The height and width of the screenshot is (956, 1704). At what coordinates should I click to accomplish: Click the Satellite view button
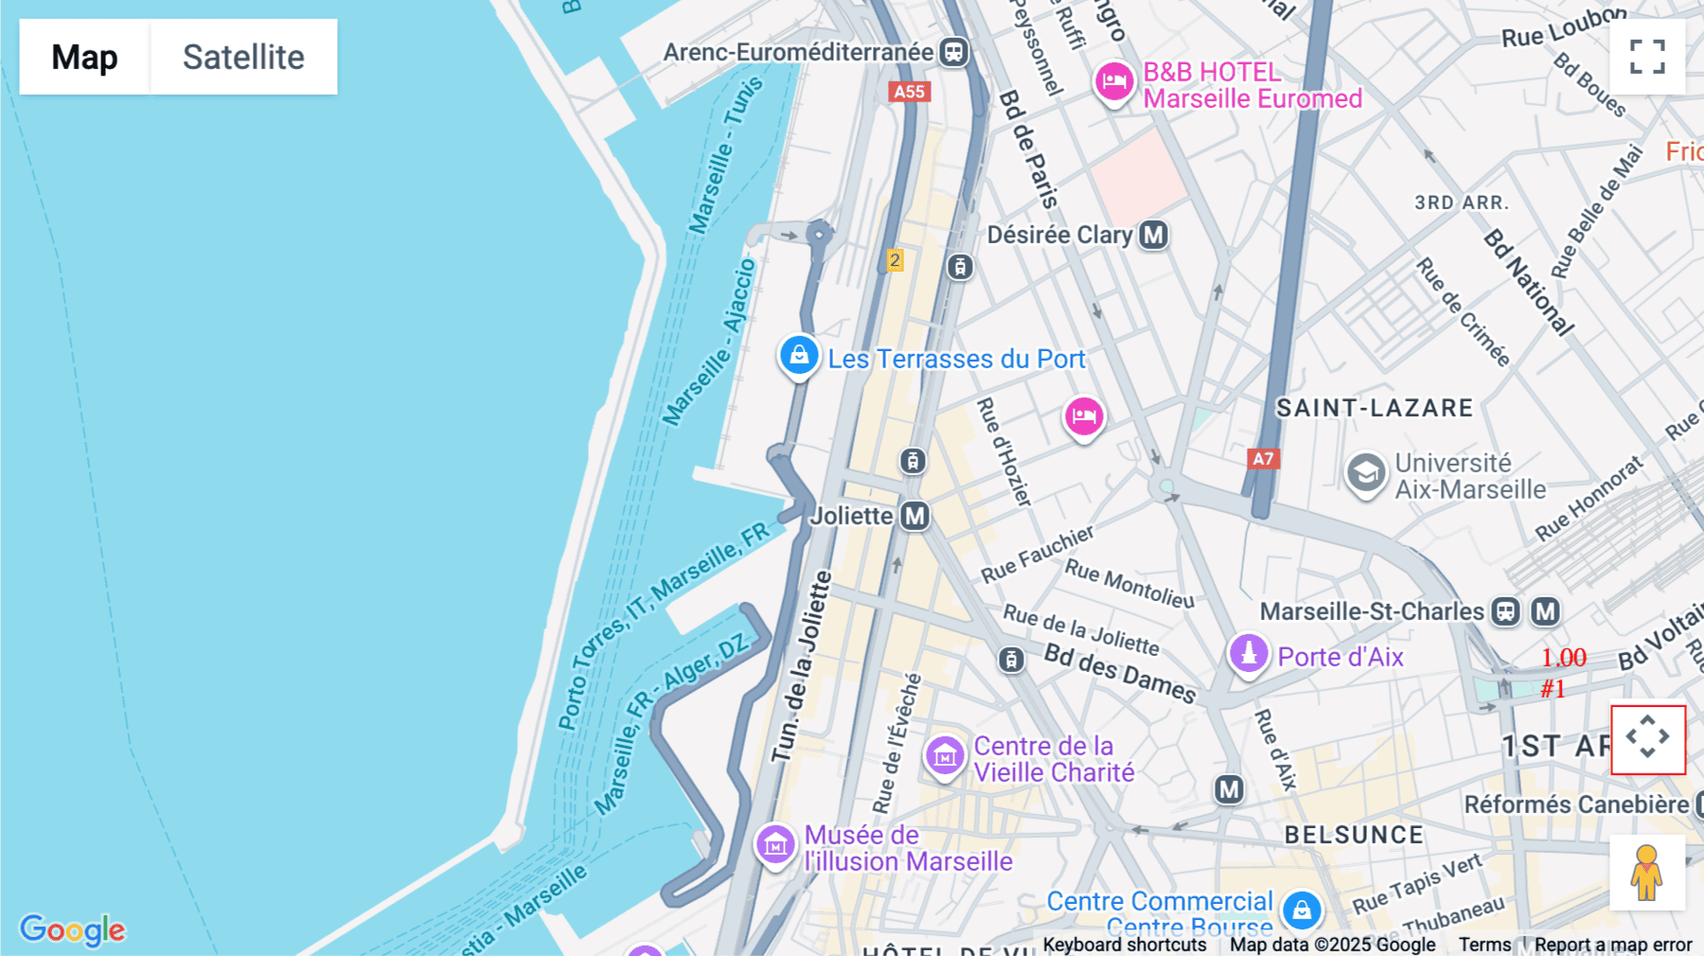point(243,57)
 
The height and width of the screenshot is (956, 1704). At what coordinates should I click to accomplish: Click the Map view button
point(84,57)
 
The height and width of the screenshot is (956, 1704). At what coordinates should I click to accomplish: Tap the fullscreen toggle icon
point(1647,57)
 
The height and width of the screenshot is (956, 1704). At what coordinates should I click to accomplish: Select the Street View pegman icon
point(1647,873)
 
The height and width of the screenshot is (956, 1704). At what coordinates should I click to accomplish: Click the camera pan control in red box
point(1648,739)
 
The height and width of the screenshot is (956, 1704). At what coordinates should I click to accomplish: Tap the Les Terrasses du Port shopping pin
point(799,356)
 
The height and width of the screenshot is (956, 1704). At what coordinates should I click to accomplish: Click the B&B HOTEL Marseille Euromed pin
point(1114,81)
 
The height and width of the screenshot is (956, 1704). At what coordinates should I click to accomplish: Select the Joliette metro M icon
point(914,516)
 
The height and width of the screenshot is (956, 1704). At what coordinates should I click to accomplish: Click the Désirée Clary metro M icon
point(1153,235)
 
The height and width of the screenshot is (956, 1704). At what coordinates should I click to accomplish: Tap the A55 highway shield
point(909,92)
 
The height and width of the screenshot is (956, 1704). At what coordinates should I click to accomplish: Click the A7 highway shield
point(1263,459)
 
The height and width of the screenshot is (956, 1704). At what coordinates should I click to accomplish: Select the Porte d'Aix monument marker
point(1249,653)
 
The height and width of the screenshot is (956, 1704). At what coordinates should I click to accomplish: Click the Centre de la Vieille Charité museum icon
point(945,756)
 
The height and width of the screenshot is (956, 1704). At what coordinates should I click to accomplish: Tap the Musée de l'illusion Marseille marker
point(775,844)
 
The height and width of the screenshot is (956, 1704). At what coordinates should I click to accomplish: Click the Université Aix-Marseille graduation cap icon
point(1366,472)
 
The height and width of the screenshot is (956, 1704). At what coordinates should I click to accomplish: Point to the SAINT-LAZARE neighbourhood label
point(1375,408)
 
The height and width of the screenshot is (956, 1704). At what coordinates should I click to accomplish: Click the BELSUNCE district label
point(1354,835)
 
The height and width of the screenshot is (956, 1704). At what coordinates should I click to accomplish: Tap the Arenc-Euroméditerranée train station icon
point(954,52)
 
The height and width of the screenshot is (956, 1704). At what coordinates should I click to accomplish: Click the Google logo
point(73,929)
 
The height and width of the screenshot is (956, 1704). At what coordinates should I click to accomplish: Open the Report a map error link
point(1612,945)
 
